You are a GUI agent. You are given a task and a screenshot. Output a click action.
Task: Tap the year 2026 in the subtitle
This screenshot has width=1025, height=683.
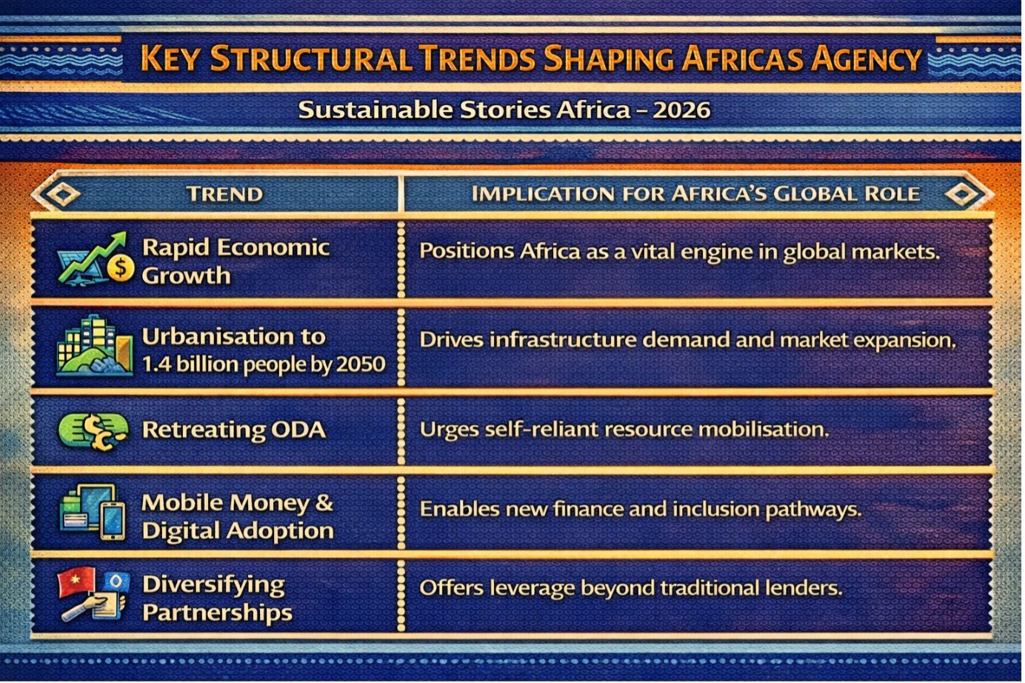tap(682, 110)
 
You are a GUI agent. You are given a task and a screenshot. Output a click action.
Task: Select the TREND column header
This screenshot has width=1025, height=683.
tap(224, 194)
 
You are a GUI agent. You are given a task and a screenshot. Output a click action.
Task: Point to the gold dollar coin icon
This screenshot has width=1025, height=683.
tap(120, 267)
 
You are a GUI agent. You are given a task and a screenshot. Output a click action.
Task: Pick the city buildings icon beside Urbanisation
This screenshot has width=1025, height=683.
tap(95, 344)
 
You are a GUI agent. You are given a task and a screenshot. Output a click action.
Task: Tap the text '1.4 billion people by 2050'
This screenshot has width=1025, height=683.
tap(264, 365)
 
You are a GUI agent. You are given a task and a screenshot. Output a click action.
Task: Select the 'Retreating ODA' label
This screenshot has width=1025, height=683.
tap(234, 430)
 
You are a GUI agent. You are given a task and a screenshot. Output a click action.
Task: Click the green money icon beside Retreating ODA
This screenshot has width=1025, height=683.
tap(93, 431)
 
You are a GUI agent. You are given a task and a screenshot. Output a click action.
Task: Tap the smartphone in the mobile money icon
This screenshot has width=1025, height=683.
tap(113, 522)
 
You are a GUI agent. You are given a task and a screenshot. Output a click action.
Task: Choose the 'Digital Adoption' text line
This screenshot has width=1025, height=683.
tap(238, 531)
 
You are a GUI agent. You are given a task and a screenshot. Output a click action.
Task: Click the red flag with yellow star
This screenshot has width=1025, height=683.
tap(76, 582)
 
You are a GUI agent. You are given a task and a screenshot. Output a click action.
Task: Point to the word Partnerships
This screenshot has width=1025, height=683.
tap(217, 613)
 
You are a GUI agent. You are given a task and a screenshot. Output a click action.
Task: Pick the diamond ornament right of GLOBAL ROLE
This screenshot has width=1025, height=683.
tap(961, 193)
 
